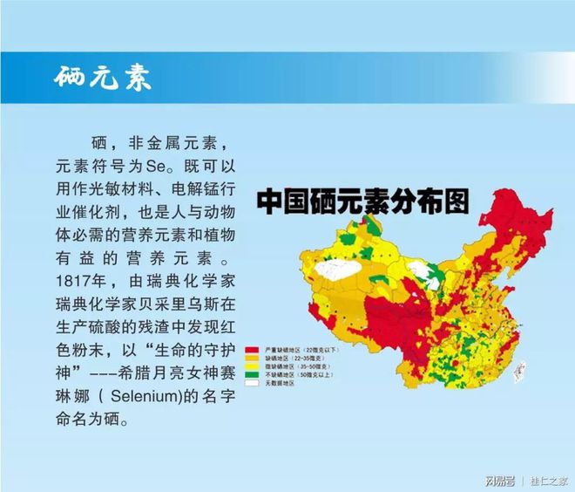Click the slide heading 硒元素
pyautogui.click(x=102, y=77)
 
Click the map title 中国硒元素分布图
pyautogui.click(x=362, y=202)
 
